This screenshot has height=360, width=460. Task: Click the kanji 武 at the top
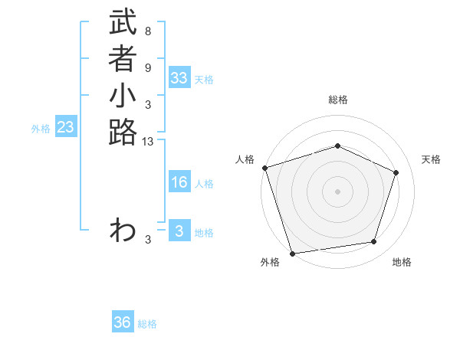(123, 23)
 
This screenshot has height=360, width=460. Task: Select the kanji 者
(123, 59)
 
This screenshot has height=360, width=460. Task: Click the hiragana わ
(123, 230)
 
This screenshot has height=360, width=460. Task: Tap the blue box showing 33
(179, 78)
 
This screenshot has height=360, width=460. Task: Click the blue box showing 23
(65, 128)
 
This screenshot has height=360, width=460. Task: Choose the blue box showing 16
(179, 182)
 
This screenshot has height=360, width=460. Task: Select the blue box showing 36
(123, 322)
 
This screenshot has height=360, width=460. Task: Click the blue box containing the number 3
(179, 231)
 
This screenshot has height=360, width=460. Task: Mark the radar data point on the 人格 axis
(264, 168)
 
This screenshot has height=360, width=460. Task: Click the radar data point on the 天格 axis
(396, 172)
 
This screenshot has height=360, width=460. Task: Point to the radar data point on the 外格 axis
(293, 253)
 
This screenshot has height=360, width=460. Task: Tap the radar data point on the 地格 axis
(374, 242)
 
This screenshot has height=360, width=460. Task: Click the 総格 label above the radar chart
(338, 100)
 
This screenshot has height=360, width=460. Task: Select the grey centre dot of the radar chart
(338, 191)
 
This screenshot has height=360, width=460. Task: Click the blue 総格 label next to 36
(147, 324)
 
